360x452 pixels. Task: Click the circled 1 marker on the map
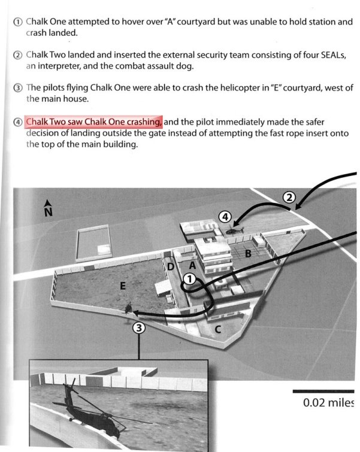[189, 278]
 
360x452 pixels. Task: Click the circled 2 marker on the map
[289, 197]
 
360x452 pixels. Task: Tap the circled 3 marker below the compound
[139, 327]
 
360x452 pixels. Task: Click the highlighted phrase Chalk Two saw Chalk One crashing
[93, 122]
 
